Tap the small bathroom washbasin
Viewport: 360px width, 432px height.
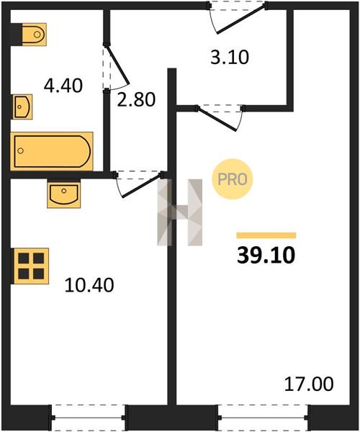pyautogui.click(x=22, y=107)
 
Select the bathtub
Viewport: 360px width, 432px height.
pyautogui.click(x=52, y=151)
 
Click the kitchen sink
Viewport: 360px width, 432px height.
pyautogui.click(x=64, y=194)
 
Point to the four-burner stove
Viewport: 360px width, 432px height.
pyautogui.click(x=30, y=266)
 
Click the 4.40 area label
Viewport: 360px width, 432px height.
pyautogui.click(x=63, y=86)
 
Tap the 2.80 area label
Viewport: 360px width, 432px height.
pyautogui.click(x=136, y=99)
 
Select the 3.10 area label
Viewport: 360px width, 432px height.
pyautogui.click(x=230, y=58)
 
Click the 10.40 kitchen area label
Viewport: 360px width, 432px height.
pyautogui.click(x=89, y=285)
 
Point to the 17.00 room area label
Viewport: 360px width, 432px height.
pyautogui.click(x=309, y=384)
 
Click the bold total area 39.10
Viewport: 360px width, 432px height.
pyautogui.click(x=266, y=255)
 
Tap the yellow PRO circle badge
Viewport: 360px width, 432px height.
pyautogui.click(x=232, y=179)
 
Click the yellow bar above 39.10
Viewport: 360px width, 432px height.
pyautogui.click(x=266, y=235)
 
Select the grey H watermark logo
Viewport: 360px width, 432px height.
pyautogui.click(x=179, y=212)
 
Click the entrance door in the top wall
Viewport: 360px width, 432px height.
pyautogui.click(x=238, y=17)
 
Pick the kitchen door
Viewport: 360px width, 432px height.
pyautogui.click(x=139, y=184)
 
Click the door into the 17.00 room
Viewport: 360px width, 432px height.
pyautogui.click(x=220, y=117)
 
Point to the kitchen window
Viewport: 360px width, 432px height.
pyautogui.click(x=89, y=418)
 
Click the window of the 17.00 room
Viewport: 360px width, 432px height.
pyautogui.click(x=263, y=418)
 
